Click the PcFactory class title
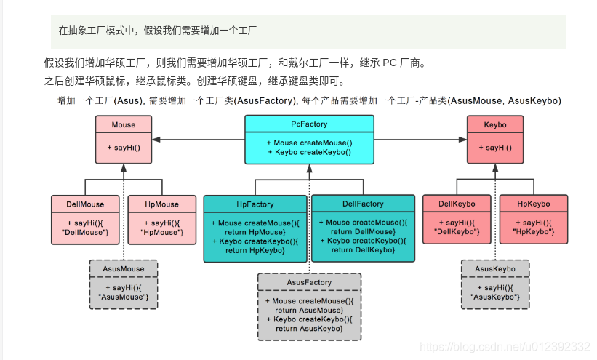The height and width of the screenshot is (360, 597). [309, 124]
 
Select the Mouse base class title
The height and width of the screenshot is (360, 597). [124, 125]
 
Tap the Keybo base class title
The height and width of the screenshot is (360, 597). [494, 125]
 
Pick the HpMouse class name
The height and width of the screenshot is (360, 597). [161, 204]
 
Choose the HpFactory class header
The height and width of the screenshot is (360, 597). [255, 204]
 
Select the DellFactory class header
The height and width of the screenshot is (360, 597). [363, 204]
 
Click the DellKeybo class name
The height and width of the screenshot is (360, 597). [457, 204]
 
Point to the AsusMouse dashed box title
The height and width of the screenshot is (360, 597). [124, 268]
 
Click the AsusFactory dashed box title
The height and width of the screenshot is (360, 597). [309, 282]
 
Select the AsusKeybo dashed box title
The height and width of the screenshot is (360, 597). [494, 268]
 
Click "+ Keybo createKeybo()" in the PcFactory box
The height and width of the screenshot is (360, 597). [309, 152]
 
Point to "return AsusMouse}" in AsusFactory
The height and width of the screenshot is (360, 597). [309, 310]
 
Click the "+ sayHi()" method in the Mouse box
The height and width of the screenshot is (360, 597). [124, 148]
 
